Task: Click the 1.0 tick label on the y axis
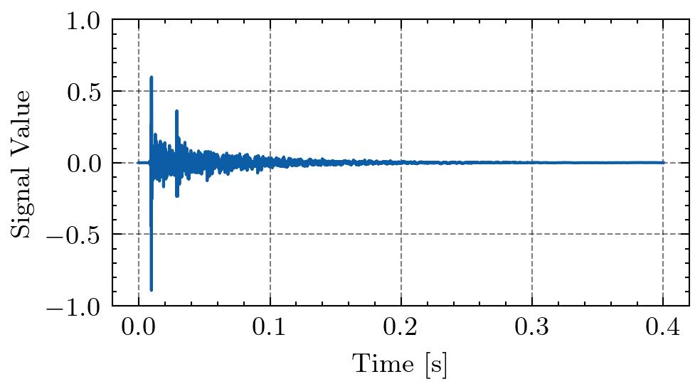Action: tap(85, 21)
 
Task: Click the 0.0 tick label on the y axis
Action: tap(85, 163)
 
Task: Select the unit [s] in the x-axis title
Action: tap(435, 365)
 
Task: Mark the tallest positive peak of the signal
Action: tap(151, 77)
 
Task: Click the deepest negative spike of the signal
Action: tap(151, 290)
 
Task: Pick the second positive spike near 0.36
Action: tap(176, 111)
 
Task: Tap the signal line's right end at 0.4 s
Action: tap(663, 162)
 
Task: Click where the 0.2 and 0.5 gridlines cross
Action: tap(401, 91)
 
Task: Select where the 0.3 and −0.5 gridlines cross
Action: tap(532, 234)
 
